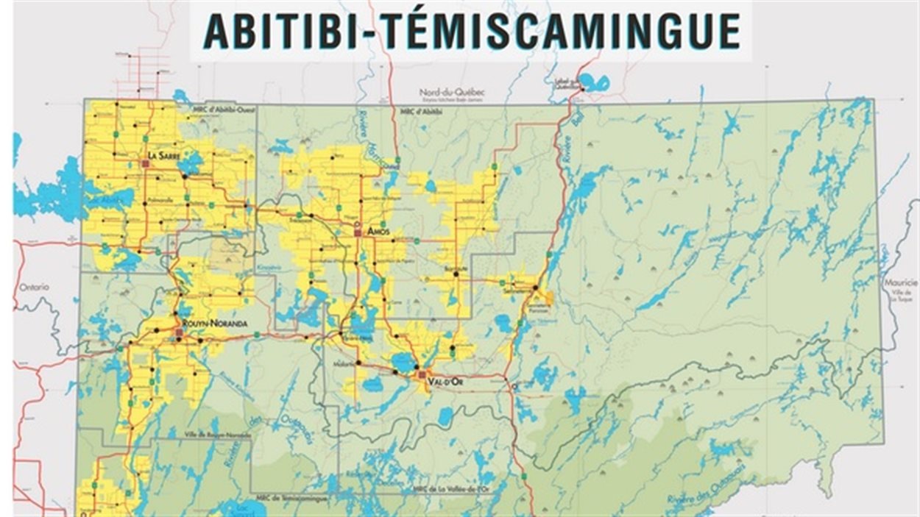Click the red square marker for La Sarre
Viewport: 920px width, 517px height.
[x=145, y=164]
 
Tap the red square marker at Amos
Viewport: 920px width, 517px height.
[x=358, y=232]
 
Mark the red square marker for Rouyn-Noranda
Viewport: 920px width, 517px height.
[x=179, y=333]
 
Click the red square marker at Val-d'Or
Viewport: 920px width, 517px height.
[x=422, y=375]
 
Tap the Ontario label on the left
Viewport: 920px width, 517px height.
[x=34, y=287]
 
